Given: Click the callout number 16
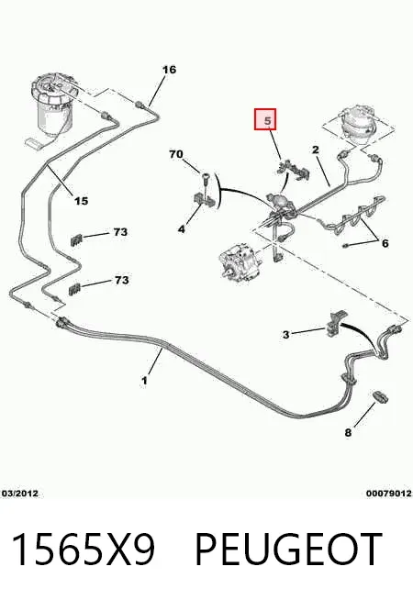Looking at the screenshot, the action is point(169,70).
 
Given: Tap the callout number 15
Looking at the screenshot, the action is point(81,201).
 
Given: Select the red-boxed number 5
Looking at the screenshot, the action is point(265,119).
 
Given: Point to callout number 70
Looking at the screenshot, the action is point(176,154).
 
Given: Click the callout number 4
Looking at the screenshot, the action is point(182,229).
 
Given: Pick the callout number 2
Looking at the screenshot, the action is point(316,150).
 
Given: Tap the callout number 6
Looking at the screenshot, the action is point(385,243).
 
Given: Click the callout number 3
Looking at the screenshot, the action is point(286,335).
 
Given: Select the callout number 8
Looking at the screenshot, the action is point(348,433).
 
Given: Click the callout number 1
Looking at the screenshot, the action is point(144,381).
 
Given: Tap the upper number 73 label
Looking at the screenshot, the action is point(120,232).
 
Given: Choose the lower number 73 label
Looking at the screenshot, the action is point(121,280).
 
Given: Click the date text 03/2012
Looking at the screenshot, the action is point(20,494).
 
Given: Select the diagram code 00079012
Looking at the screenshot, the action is point(389,494).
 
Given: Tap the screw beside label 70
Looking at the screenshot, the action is point(206,181).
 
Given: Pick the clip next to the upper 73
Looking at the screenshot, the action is point(76,240).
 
